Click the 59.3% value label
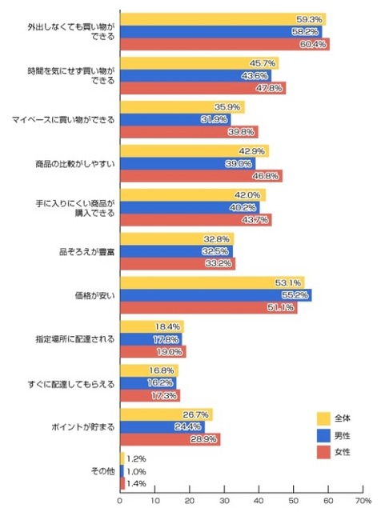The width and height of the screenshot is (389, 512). click(x=310, y=19)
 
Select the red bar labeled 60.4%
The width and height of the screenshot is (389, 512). click(x=224, y=44)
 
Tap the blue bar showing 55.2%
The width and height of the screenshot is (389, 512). click(x=215, y=295)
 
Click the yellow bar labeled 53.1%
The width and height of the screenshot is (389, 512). click(x=212, y=282)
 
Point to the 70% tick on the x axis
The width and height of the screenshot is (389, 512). click(x=363, y=501)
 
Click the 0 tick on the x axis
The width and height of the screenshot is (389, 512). click(x=120, y=501)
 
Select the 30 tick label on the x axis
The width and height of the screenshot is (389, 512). click(x=224, y=501)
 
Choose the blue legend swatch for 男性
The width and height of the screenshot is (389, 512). click(x=324, y=435)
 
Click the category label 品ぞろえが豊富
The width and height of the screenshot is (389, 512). click(x=86, y=251)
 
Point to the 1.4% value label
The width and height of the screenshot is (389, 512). click(x=138, y=484)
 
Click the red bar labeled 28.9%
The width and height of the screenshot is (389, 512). click(x=170, y=440)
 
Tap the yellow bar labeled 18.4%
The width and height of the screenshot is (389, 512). click(x=151, y=326)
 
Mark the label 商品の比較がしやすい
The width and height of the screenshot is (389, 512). click(x=75, y=163)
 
